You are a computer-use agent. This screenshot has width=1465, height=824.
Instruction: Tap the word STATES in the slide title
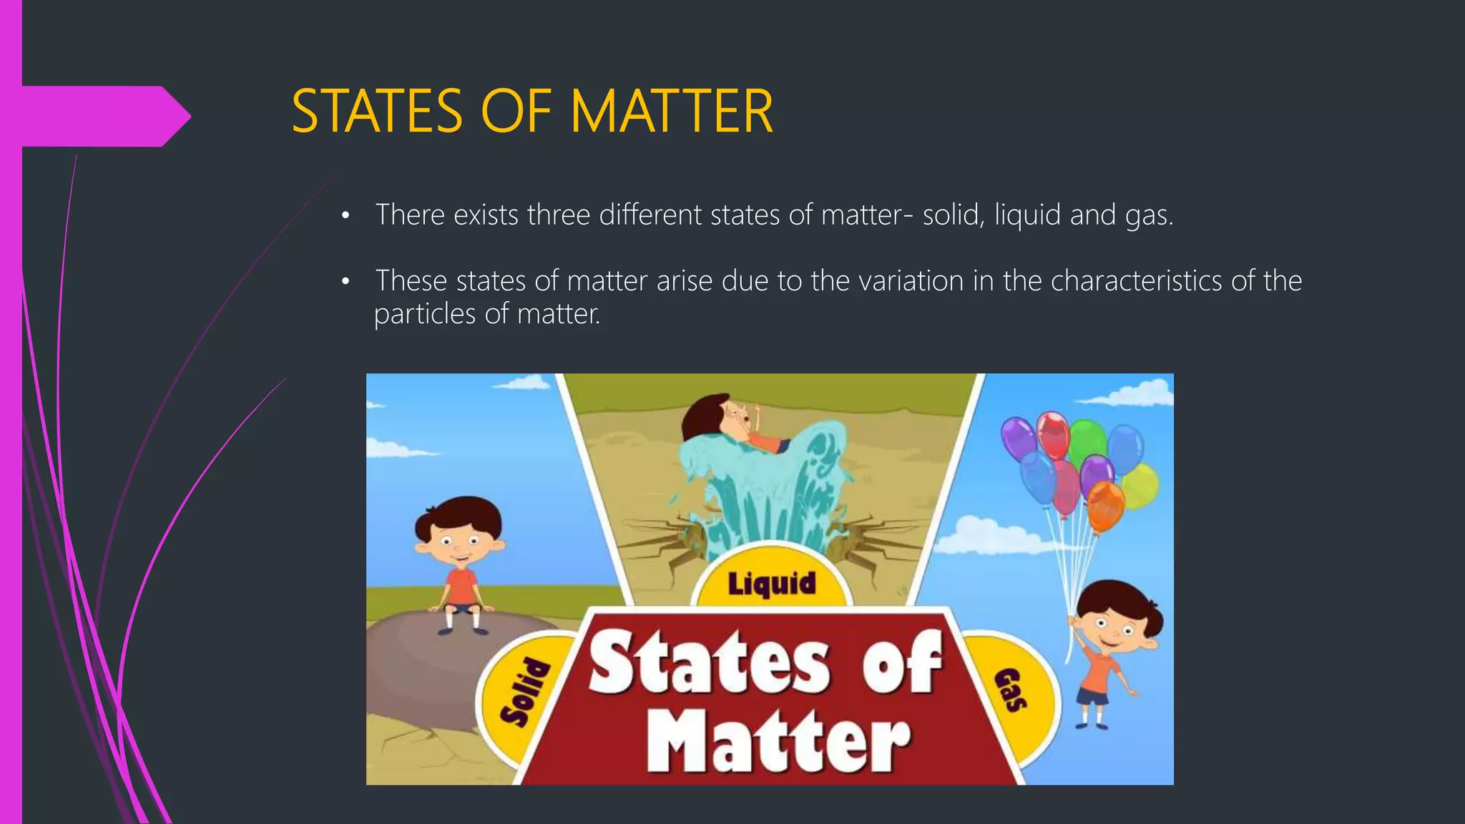(x=377, y=112)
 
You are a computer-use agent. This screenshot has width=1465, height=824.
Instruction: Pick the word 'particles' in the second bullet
(x=424, y=314)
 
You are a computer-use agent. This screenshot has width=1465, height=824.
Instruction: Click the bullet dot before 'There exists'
(x=346, y=216)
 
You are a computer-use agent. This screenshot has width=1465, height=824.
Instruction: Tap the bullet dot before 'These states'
(x=346, y=282)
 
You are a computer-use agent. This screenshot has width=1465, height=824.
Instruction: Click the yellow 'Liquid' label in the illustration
(x=771, y=582)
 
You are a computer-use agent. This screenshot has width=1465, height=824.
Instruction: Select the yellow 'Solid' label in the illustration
(x=524, y=692)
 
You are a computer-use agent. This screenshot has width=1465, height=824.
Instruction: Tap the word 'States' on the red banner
(x=708, y=663)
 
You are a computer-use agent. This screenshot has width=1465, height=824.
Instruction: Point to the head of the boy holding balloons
(x=1113, y=618)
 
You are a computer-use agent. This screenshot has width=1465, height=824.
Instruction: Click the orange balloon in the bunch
(x=1105, y=504)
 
